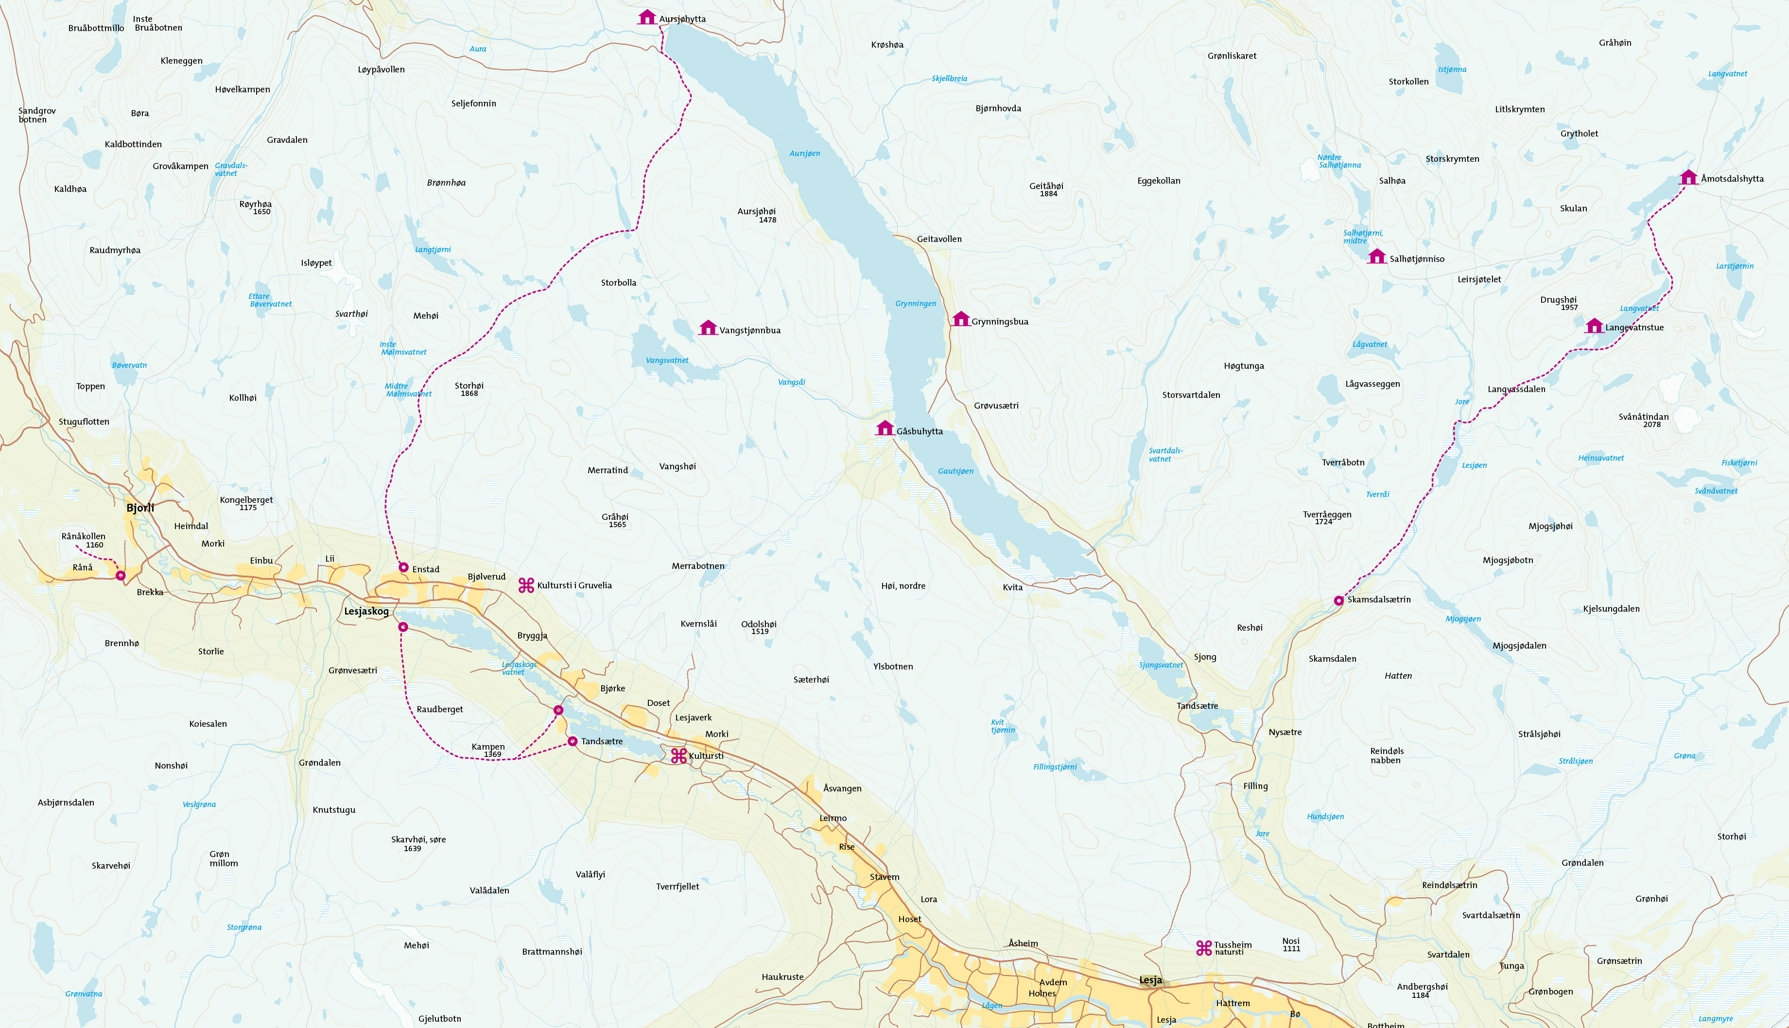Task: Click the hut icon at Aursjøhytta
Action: coord(647,17)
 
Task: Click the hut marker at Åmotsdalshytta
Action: coord(1688,177)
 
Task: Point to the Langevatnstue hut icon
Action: coord(1594,326)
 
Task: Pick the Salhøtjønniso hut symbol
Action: coord(1376,257)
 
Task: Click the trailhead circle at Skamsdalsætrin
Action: coord(1338,601)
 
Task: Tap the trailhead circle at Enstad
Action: coord(403,567)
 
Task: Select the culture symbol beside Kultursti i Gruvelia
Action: coord(526,584)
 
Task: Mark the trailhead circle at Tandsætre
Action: coord(572,741)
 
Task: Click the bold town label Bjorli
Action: coord(140,508)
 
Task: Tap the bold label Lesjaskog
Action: coord(366,612)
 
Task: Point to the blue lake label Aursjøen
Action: coord(804,153)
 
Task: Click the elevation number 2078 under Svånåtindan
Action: coord(1651,424)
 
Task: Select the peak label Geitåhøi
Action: coord(1046,186)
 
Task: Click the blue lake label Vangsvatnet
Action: coord(667,360)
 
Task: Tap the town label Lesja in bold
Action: coord(1150,980)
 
